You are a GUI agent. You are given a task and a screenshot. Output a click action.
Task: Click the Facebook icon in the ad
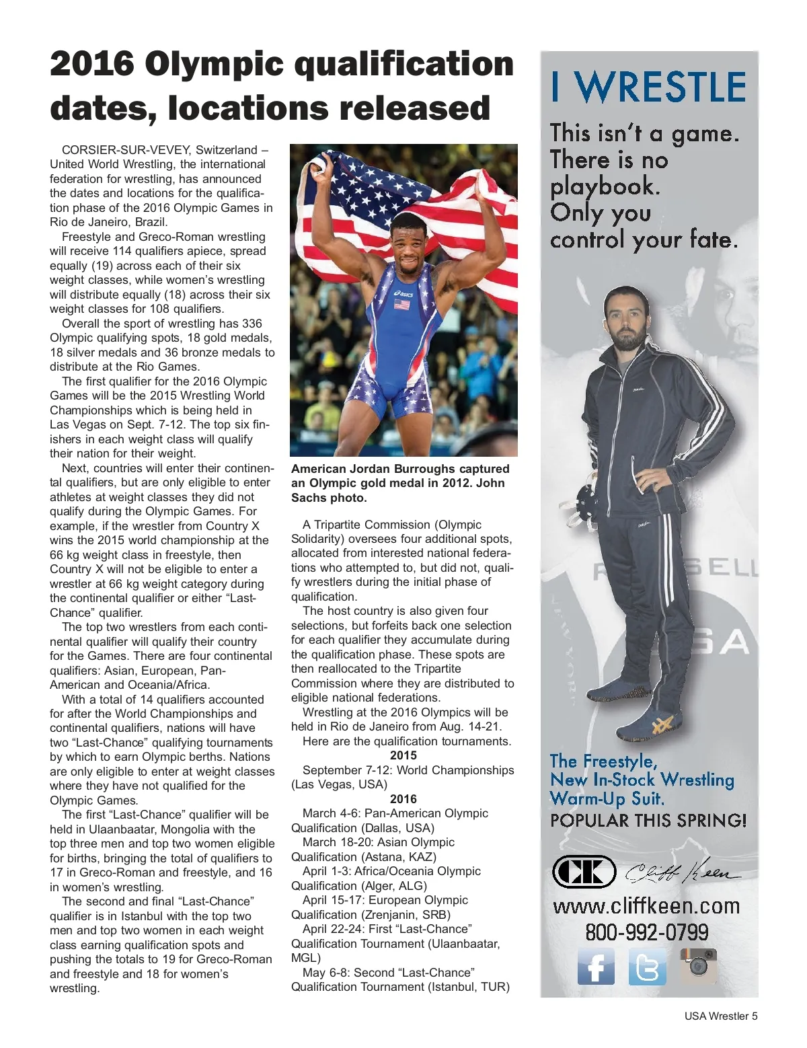pos(596,967)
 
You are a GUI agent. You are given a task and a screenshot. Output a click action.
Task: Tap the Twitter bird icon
pos(647,967)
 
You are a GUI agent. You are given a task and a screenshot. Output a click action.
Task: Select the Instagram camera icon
pos(698,965)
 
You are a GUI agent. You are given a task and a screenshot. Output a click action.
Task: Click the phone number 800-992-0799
pos(646,932)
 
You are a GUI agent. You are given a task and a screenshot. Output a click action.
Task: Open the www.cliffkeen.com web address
pos(646,906)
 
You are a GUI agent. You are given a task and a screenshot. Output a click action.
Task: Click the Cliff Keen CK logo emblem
pos(584,872)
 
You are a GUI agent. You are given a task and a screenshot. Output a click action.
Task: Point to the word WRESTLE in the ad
pos(662,87)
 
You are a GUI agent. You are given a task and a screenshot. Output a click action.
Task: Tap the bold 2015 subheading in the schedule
pos(403,755)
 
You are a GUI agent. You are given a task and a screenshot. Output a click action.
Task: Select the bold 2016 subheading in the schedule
pos(403,799)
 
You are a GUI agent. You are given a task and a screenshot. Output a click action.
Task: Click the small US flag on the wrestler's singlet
pos(401,305)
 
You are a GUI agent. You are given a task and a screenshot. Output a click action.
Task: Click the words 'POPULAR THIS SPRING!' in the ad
pos(648,821)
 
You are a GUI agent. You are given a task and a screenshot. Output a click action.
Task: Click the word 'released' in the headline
pos(426,108)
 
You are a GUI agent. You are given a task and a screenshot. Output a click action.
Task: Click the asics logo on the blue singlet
pos(403,294)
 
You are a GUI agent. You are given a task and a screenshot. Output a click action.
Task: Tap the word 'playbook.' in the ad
pos(605,186)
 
